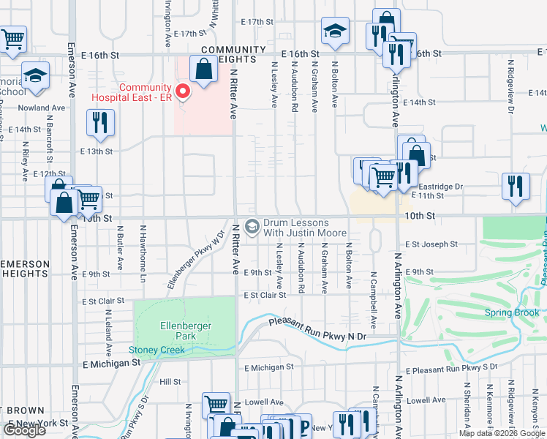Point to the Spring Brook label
512,313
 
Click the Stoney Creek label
156,350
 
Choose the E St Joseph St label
431,244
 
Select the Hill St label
170,382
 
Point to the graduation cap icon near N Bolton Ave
335,31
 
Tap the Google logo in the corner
25,430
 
